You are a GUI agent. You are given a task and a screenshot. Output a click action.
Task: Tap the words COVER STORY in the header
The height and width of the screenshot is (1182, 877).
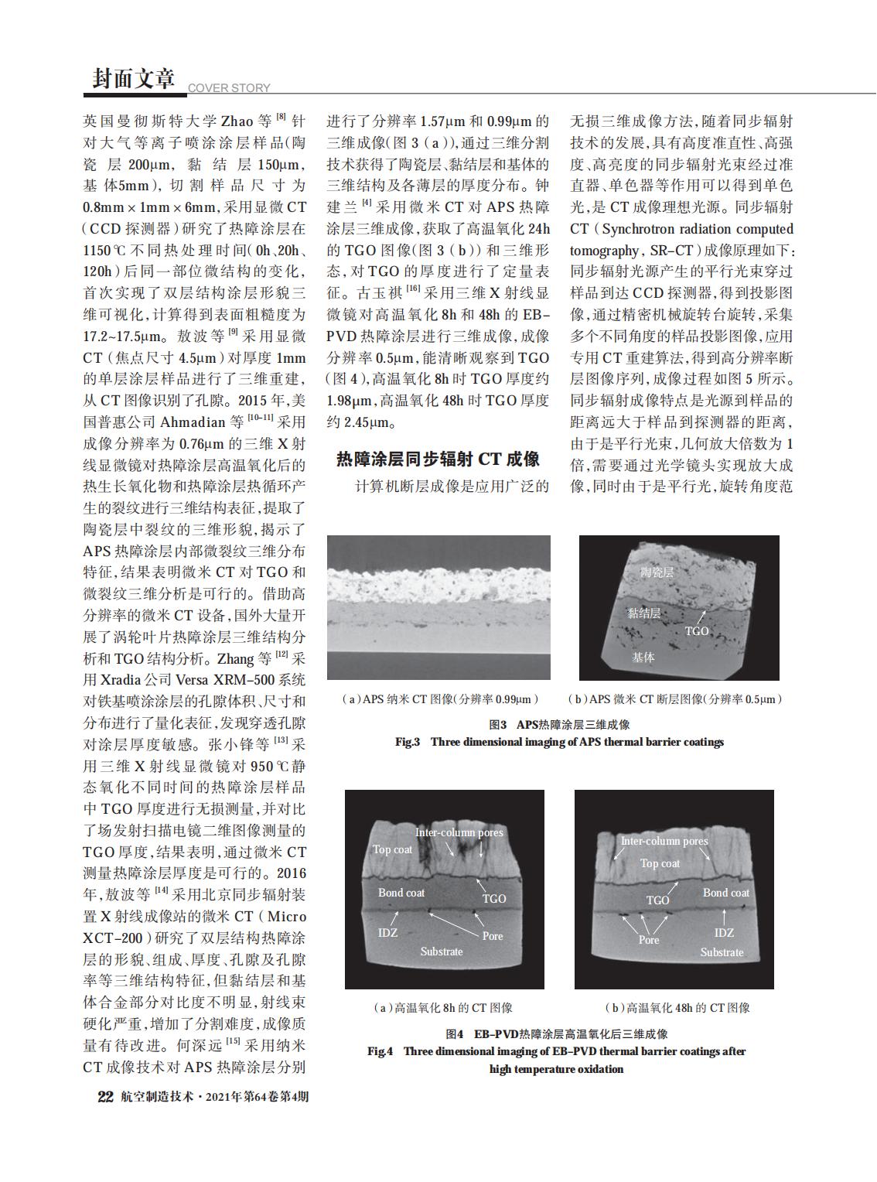click(229, 88)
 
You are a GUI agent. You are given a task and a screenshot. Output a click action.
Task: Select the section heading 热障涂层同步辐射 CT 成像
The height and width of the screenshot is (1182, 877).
click(438, 459)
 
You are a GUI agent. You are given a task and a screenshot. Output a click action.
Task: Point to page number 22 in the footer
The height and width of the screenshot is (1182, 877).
click(105, 1096)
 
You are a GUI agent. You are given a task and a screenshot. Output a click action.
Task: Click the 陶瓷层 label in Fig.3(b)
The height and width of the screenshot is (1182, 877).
click(657, 572)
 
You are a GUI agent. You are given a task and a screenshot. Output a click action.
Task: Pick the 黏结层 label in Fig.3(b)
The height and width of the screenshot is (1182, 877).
click(643, 613)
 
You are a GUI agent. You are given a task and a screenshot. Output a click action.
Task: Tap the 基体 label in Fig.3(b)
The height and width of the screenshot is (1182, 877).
click(643, 657)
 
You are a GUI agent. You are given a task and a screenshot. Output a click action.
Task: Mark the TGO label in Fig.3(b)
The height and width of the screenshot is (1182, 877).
click(697, 630)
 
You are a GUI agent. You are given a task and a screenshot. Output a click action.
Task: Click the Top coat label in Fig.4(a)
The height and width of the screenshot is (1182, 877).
click(392, 849)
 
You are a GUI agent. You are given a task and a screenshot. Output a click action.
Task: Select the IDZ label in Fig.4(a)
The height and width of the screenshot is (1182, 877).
click(387, 932)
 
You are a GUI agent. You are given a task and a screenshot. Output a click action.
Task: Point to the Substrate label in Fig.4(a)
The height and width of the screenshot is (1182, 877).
click(442, 951)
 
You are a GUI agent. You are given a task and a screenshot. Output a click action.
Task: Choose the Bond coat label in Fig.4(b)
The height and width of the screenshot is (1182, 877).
click(725, 893)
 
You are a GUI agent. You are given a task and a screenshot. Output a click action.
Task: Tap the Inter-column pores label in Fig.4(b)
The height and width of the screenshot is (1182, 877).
click(664, 841)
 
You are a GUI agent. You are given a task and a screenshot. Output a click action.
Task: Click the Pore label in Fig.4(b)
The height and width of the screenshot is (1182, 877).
click(649, 940)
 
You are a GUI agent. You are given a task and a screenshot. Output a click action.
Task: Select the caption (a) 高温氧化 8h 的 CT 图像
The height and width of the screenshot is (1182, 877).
click(443, 1008)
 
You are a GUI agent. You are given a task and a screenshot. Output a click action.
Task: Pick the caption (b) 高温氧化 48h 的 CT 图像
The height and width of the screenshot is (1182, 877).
click(677, 1008)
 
